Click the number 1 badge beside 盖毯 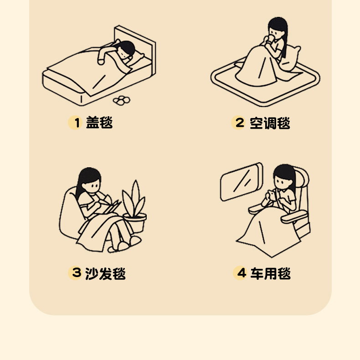pyautogui.click(x=75, y=123)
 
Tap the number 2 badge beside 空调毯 pyautogui.click(x=238, y=123)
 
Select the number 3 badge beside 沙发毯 pyautogui.click(x=75, y=273)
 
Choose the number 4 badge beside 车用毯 pyautogui.click(x=240, y=273)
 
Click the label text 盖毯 pyautogui.click(x=99, y=123)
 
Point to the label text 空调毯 pyautogui.click(x=270, y=123)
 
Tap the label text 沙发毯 pyautogui.click(x=105, y=273)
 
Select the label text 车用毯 pyautogui.click(x=271, y=273)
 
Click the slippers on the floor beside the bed pyautogui.click(x=122, y=100)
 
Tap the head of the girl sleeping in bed pyautogui.click(x=125, y=51)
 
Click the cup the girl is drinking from pyautogui.click(x=271, y=39)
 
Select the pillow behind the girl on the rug pyautogui.click(x=290, y=58)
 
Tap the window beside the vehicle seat pyautogui.click(x=241, y=181)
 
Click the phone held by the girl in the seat pyautogui.click(x=272, y=195)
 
